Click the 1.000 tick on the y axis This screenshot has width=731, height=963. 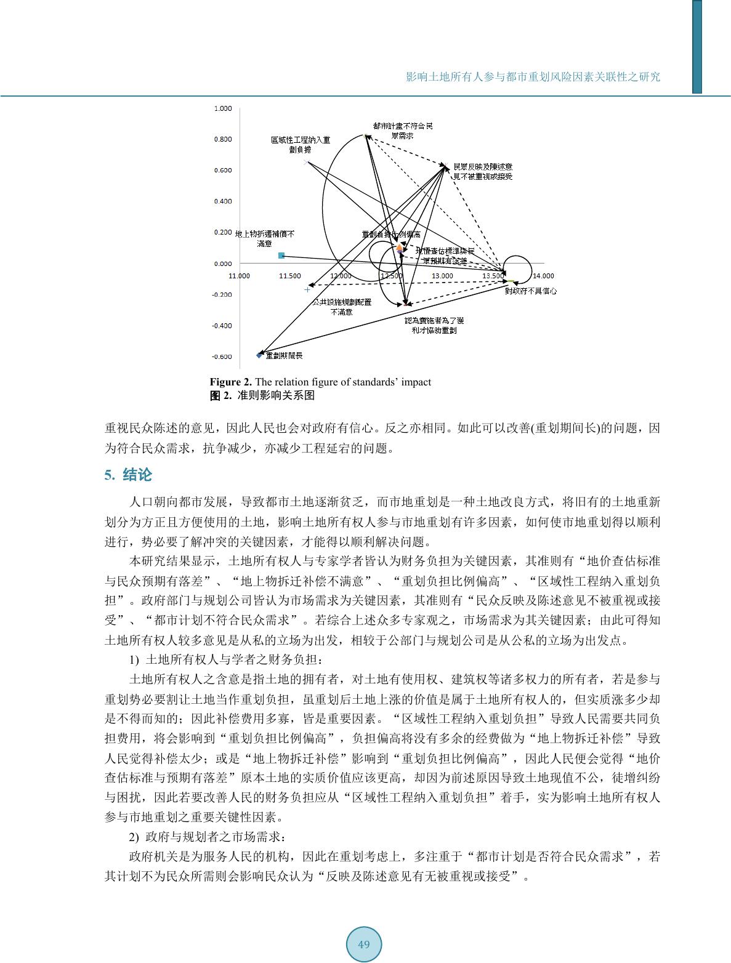click(x=223, y=109)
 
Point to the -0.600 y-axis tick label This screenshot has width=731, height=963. click(x=222, y=357)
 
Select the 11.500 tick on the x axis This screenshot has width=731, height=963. click(x=290, y=276)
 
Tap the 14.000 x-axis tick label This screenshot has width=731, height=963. click(x=543, y=276)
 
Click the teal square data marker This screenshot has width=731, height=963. click(x=281, y=256)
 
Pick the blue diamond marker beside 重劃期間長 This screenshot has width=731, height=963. click(x=259, y=355)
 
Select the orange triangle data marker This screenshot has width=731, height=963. click(x=399, y=247)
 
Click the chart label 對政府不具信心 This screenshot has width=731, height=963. click(x=531, y=291)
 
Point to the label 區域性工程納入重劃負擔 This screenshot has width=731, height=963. click(x=301, y=144)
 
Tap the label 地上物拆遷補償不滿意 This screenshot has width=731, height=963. click(x=265, y=238)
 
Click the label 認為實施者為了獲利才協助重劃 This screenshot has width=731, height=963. click(x=434, y=325)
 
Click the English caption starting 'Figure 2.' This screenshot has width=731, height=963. click(x=320, y=382)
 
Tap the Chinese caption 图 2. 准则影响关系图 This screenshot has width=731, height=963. click(x=262, y=395)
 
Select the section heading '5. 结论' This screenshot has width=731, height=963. click(x=128, y=475)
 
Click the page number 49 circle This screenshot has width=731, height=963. click(x=363, y=944)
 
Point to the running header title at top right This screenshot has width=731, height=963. click(x=533, y=77)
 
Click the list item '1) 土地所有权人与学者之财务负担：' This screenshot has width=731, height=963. click(x=225, y=660)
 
